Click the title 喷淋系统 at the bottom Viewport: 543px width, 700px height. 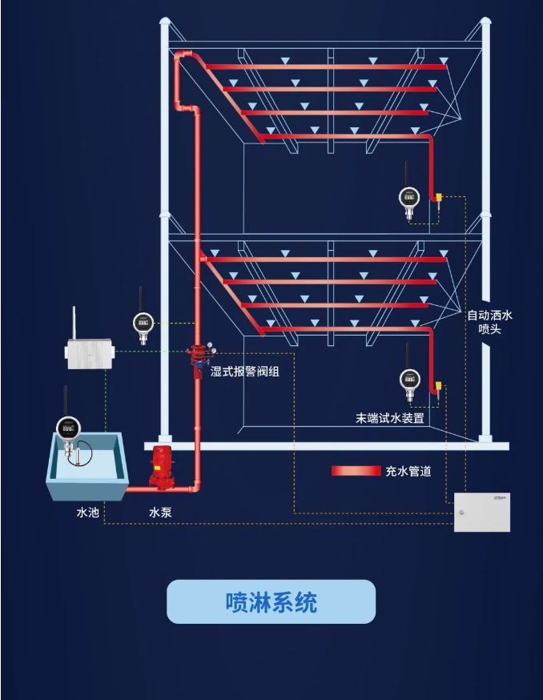pyautogui.click(x=271, y=602)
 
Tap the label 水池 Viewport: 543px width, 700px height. pyautogui.click(x=87, y=512)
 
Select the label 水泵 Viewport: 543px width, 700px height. pyautogui.click(x=160, y=512)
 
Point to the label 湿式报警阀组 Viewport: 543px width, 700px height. pyautogui.click(x=244, y=372)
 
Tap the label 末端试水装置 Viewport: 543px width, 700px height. pyautogui.click(x=390, y=418)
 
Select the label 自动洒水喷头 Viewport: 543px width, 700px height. pyautogui.click(x=489, y=322)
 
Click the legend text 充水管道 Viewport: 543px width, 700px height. pyautogui.click(x=408, y=471)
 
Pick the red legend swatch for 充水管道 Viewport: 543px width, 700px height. pyautogui.click(x=356, y=471)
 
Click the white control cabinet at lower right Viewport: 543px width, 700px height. pyautogui.click(x=481, y=512)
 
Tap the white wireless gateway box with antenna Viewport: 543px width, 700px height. pyautogui.click(x=88, y=353)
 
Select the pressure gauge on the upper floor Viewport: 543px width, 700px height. pyautogui.click(x=409, y=197)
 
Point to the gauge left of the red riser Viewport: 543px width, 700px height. pyautogui.click(x=143, y=323)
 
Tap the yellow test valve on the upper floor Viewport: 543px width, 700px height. pyautogui.click(x=439, y=198)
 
